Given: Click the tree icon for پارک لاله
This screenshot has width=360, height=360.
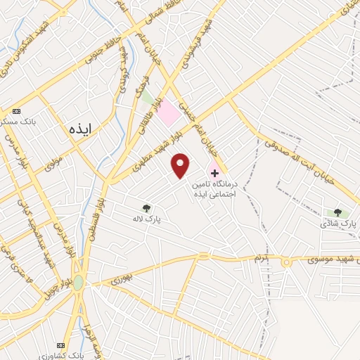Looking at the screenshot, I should (146, 208).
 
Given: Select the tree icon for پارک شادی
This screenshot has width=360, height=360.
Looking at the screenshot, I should (337, 212).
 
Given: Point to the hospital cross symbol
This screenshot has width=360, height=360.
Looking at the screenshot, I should (214, 172).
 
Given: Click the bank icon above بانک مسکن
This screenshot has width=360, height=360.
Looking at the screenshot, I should (17, 111).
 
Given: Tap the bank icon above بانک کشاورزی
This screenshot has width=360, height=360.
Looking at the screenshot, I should (60, 346).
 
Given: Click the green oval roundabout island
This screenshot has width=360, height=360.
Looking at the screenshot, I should (77, 283).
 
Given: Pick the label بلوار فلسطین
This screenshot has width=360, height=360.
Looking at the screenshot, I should (98, 210).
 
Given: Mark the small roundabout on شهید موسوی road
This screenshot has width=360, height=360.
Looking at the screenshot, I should (286, 262).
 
